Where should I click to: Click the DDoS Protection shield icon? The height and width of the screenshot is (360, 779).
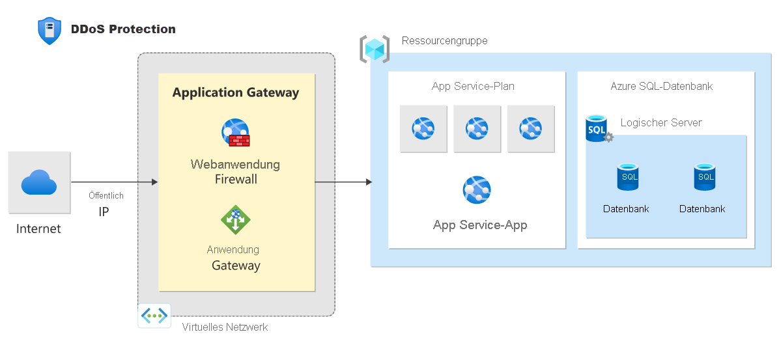[x=50, y=31]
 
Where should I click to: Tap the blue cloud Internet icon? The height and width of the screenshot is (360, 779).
[x=39, y=182]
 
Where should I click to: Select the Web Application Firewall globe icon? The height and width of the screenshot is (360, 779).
[x=236, y=133]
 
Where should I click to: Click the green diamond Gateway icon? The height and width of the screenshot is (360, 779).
[x=236, y=219]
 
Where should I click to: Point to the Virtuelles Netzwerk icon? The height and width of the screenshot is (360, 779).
[x=154, y=316]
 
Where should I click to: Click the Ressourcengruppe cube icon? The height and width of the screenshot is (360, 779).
[x=375, y=49]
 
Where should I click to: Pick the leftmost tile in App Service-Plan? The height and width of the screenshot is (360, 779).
[x=423, y=129]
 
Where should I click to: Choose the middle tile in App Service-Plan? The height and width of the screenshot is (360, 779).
[x=477, y=129]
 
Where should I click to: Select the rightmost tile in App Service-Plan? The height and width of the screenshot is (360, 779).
[x=531, y=129]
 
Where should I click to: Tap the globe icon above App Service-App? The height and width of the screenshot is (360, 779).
[x=477, y=189]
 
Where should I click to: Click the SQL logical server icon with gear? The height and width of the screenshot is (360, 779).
[x=598, y=129]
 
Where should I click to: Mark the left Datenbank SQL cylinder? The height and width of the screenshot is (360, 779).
[x=628, y=177]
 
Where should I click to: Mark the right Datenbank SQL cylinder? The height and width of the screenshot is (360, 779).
[x=704, y=177]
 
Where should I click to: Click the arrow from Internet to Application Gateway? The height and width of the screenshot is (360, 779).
[x=114, y=182]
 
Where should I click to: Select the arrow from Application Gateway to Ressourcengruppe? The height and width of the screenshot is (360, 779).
[x=343, y=182]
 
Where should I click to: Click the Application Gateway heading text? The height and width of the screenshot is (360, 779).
[x=236, y=92]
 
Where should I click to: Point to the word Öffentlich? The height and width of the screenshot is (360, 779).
[x=106, y=195]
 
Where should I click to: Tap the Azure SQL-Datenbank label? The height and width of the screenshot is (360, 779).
[x=661, y=86]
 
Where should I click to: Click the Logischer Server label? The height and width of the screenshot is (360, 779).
[x=661, y=122]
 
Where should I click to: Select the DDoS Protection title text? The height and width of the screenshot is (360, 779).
[x=123, y=29]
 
